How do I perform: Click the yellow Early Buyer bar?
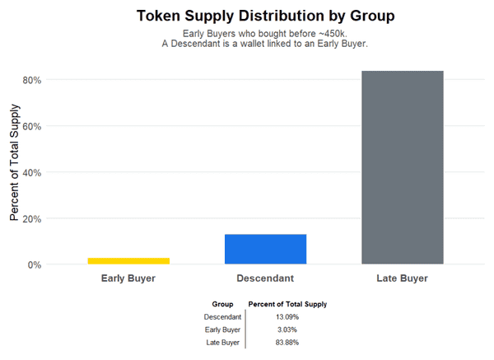[x=128, y=260]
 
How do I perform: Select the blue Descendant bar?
[x=265, y=249]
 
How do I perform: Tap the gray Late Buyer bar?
[x=403, y=167]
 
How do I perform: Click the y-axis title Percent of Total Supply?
[x=14, y=172]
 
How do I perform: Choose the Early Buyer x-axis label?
[x=128, y=278]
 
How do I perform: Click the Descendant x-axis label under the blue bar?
[x=265, y=278]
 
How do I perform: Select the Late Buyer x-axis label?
[x=403, y=278]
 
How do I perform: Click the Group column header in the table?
[x=222, y=304]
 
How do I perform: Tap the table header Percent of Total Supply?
[x=287, y=304]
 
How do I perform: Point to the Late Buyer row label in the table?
[x=222, y=342]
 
